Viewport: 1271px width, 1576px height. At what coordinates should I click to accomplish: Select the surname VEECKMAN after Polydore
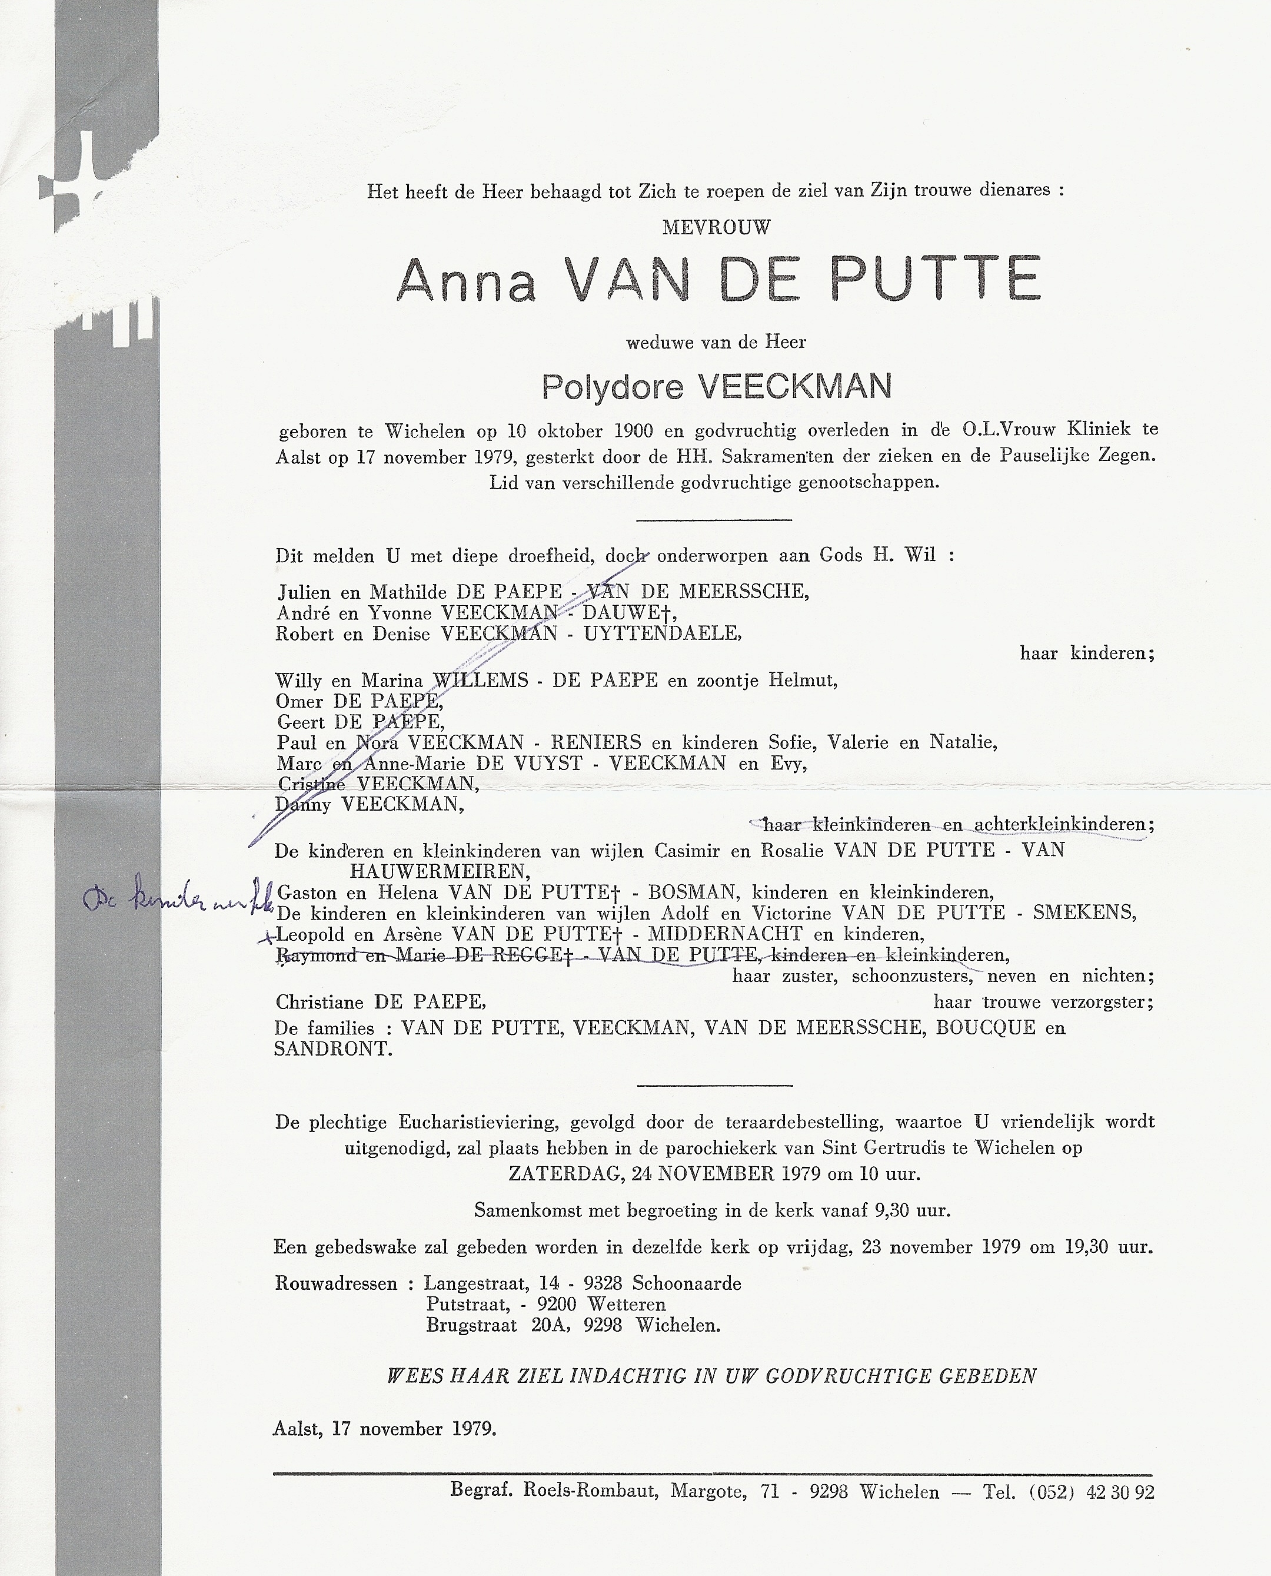(795, 387)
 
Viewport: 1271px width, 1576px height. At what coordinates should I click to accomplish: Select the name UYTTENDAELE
(662, 633)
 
